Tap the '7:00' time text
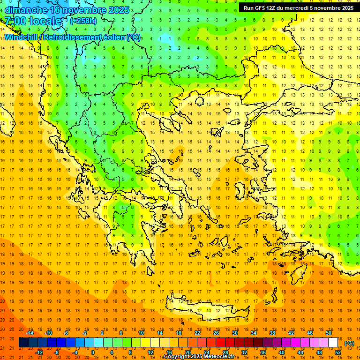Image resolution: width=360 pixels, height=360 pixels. [x=15, y=21]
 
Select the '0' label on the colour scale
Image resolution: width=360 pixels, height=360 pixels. [x=93, y=352]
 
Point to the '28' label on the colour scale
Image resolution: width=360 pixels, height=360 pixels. [x=225, y=352]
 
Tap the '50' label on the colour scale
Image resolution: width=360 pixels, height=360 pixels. [x=328, y=332]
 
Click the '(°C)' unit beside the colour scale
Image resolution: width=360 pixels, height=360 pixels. [x=349, y=343]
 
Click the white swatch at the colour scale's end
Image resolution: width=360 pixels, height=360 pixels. [x=333, y=343]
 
